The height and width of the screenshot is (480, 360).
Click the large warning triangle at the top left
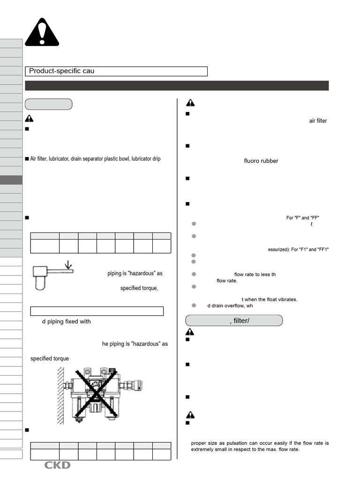click(42, 33)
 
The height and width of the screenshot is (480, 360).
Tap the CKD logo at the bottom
click(57, 465)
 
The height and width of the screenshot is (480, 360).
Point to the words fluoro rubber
click(261, 161)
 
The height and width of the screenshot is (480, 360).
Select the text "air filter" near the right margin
click(318, 121)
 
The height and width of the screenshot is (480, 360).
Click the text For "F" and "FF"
click(303, 217)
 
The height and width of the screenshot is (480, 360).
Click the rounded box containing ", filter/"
click(234, 321)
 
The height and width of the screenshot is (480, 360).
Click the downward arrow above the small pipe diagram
click(68, 265)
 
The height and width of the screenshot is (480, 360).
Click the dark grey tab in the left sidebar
click(11, 180)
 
